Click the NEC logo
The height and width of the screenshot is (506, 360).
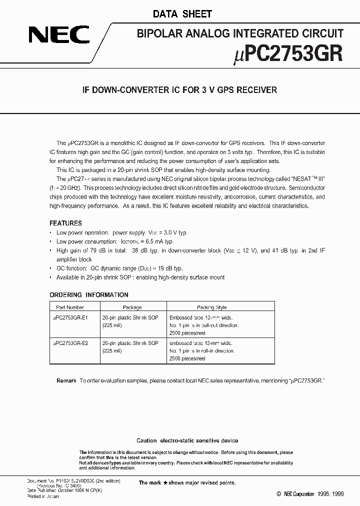coord(58,36)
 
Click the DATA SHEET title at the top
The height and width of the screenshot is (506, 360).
coord(179,14)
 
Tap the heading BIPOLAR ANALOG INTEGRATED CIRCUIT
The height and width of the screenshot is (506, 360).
coord(239,33)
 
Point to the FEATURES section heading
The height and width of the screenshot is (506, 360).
coord(65,223)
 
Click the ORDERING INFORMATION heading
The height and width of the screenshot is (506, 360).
coord(89,294)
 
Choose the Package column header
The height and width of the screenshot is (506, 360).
coord(132,307)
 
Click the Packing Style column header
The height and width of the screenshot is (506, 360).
coord(212,307)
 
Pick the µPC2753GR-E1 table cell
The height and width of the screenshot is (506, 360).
coord(70,317)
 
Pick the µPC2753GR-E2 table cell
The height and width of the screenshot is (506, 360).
coord(70,343)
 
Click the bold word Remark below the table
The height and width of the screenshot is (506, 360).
coord(66,380)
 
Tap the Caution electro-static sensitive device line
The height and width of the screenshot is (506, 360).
coord(187,440)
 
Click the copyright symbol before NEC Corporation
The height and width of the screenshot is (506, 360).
coord(279,493)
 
